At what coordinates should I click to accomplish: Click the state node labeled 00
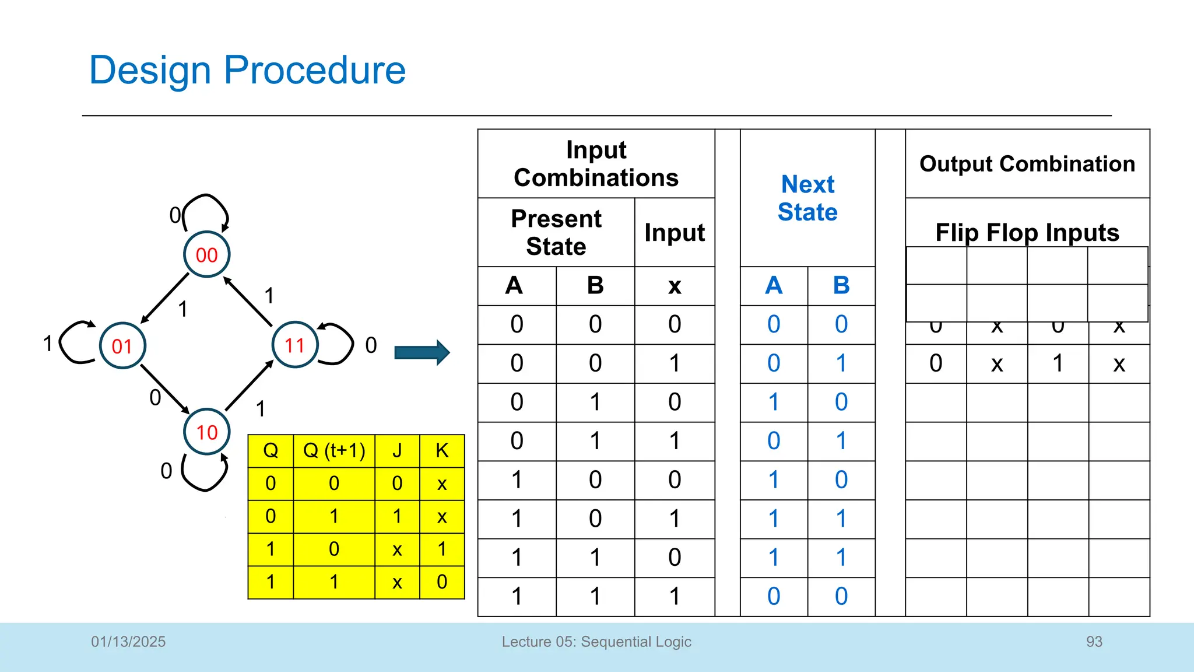pos(206,255)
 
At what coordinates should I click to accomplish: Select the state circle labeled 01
pos(122,346)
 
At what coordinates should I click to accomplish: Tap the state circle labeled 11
pos(295,345)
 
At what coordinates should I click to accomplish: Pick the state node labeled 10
pos(206,432)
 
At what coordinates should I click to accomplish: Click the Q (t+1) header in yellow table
pos(334,450)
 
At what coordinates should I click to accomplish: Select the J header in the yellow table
pos(397,450)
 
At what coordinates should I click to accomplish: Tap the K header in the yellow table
pos(442,450)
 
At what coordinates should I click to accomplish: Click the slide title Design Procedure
pos(247,71)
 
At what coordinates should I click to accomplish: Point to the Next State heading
pos(807,198)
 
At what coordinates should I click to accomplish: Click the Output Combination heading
pos(1027,164)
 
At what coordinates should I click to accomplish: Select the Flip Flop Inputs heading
pos(1027,233)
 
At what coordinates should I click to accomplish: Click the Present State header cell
pos(556,233)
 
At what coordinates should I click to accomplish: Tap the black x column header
pos(675,286)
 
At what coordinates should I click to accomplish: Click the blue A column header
pos(774,286)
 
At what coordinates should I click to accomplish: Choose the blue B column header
pos(841,286)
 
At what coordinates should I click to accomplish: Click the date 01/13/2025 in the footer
pos(128,642)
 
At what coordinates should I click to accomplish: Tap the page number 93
pos(1094,642)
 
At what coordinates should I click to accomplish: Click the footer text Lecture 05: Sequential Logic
pos(596,642)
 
